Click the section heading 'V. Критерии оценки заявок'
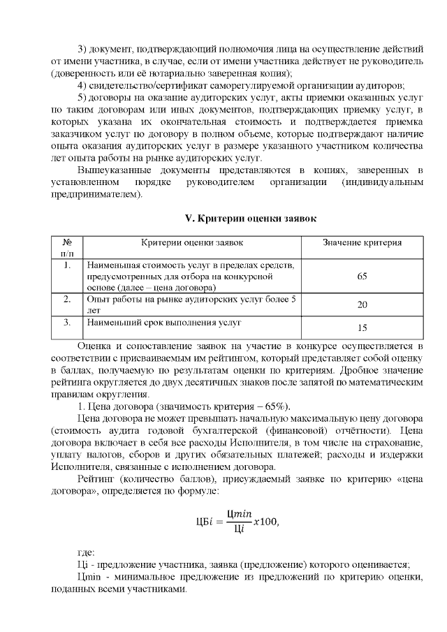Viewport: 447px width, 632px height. [x=250, y=219]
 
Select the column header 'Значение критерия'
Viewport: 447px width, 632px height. [x=362, y=242]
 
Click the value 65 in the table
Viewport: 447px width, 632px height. [x=362, y=277]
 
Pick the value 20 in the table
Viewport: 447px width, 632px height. [x=362, y=305]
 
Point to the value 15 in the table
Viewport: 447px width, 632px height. [x=362, y=328]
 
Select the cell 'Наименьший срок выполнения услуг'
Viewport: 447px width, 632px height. [x=163, y=323]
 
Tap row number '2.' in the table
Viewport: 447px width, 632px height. [x=66, y=300]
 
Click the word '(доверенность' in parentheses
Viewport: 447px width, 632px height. [x=82, y=73]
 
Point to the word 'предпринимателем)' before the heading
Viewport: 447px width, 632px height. [x=94, y=195]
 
